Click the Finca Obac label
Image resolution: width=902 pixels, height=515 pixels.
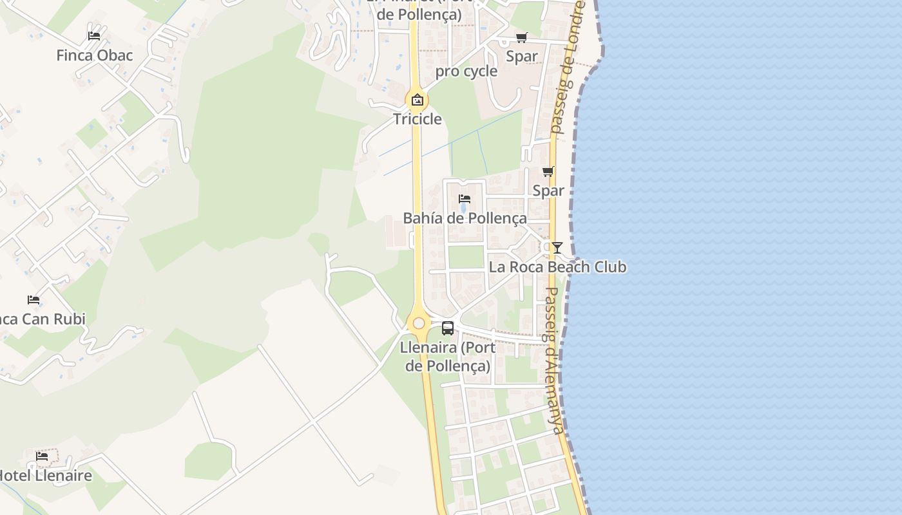coord(94,55)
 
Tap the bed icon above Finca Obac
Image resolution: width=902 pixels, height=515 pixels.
coord(94,36)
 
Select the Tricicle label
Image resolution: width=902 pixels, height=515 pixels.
coord(417,119)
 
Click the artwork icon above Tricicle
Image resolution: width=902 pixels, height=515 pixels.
coord(417,100)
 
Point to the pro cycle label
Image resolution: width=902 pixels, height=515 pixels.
coord(466,71)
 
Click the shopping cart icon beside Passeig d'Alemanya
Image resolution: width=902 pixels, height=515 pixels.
coord(548,171)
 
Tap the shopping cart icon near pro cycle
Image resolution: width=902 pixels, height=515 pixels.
coord(521,37)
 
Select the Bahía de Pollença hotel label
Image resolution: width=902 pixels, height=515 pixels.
coord(465,218)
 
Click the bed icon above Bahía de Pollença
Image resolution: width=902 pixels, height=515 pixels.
coord(465,198)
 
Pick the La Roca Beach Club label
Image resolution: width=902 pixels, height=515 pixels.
coord(557,267)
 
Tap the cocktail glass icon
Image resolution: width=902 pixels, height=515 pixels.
coord(557,247)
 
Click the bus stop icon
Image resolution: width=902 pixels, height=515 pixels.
coord(448,328)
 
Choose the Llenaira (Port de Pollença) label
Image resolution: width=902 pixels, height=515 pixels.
coord(448,357)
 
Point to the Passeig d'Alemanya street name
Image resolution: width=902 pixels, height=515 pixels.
coord(553,360)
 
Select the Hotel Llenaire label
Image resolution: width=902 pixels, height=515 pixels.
coord(44,476)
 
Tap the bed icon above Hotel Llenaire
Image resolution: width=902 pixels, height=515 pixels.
coord(42,456)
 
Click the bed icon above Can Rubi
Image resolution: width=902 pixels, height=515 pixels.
coord(34,300)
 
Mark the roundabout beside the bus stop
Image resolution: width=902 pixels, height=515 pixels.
coord(419,323)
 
